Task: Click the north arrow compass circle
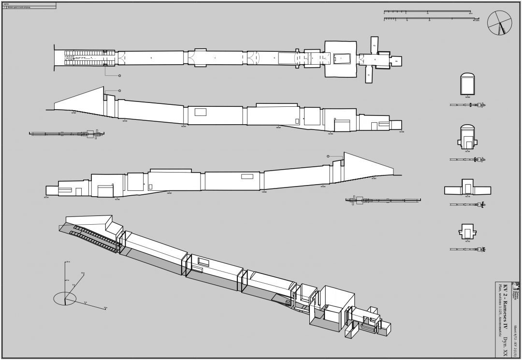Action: coord(499,23)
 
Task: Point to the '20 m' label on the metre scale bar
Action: coord(471,14)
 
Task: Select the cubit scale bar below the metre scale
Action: coord(430,19)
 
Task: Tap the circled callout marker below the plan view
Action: coord(119,76)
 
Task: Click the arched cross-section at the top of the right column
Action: coord(467,85)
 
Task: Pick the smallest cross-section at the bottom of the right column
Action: coord(467,231)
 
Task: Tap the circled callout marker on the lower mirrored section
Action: coord(328,156)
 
